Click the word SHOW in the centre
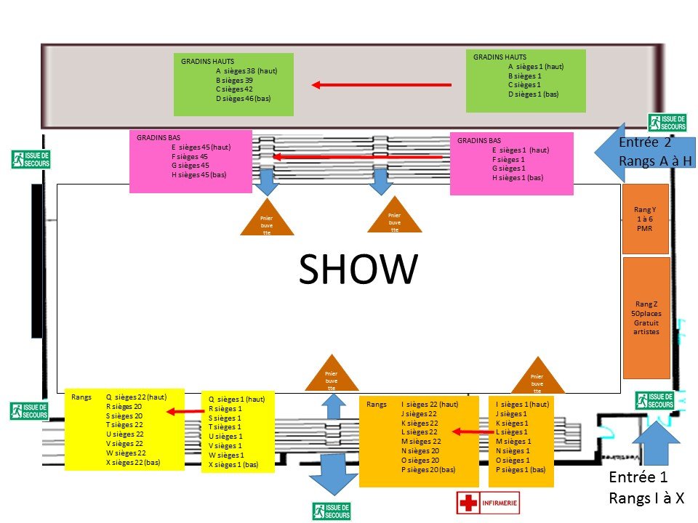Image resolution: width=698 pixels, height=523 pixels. [x=358, y=269]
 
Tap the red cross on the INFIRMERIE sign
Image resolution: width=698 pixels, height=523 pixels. [x=467, y=503]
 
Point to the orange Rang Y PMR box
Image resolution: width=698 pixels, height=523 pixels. [x=646, y=219]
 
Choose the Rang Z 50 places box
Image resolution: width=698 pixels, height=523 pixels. [x=646, y=317]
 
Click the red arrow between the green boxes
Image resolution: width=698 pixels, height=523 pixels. [x=381, y=85]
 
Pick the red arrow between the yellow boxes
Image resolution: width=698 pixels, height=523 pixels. [x=185, y=412]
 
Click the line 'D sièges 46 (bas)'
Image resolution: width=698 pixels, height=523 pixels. [x=243, y=98]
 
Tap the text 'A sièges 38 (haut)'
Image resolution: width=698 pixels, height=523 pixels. [x=246, y=71]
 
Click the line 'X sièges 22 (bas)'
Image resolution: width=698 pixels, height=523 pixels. [x=133, y=462]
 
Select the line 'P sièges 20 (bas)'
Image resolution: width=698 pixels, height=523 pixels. [x=428, y=469]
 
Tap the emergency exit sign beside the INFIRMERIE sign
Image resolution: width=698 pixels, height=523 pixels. [x=331, y=511]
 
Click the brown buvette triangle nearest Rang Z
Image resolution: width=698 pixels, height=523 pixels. [x=537, y=375]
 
